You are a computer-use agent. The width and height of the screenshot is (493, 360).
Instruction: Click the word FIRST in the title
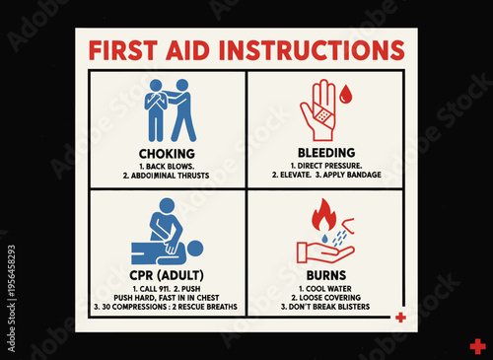coord(122,51)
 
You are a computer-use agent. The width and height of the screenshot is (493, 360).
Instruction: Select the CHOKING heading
coord(166,154)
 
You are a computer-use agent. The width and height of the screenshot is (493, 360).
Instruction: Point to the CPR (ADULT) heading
coord(166,272)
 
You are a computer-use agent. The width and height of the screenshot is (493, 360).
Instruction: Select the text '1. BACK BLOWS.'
coord(166,166)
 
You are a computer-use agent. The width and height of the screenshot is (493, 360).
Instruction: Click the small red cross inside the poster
coord(399,318)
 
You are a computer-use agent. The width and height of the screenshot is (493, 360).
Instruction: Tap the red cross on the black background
coord(477,346)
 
